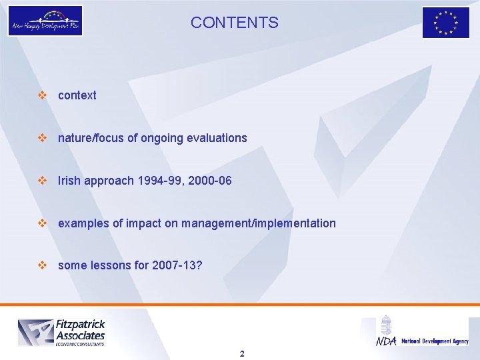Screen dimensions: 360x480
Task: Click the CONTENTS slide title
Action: pos(235,23)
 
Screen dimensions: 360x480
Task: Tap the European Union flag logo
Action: pos(446,23)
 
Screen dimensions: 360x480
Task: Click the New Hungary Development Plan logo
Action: pos(45,21)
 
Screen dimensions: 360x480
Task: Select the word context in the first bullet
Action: pos(77,95)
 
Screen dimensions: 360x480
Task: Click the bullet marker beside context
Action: pos(43,95)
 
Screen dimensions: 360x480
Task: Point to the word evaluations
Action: pos(219,138)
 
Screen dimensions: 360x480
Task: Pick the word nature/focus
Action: pos(87,138)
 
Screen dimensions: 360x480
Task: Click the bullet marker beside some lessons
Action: pos(43,266)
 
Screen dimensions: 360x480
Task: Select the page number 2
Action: pos(242,353)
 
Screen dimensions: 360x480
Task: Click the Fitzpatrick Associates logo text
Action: pos(79,330)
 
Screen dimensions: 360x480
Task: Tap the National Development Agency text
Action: pos(435,341)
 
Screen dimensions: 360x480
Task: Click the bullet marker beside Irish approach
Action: pos(43,181)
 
